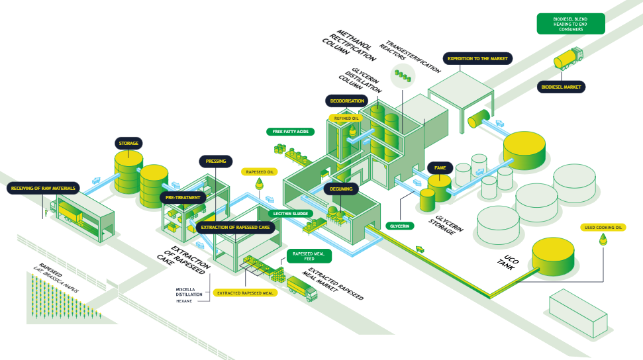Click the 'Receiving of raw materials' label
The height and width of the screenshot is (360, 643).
click(x=43, y=188)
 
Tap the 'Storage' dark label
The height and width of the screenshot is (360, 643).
click(x=128, y=144)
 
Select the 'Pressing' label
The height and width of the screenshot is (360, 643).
click(x=216, y=161)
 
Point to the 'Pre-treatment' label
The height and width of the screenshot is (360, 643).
click(x=183, y=198)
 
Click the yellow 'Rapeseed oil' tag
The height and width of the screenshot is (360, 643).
click(x=259, y=172)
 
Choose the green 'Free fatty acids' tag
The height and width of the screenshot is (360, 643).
click(x=290, y=132)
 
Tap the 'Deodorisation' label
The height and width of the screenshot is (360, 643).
click(x=347, y=101)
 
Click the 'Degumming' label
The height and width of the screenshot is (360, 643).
click(x=341, y=189)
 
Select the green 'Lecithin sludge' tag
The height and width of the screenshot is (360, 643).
click(x=291, y=214)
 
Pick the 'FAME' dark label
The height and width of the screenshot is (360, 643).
click(x=440, y=167)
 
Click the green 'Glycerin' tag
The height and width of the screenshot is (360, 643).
click(x=400, y=226)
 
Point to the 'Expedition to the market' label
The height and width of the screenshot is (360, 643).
click(x=477, y=59)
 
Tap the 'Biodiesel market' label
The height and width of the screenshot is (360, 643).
click(x=561, y=87)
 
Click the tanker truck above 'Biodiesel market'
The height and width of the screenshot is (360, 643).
click(x=568, y=58)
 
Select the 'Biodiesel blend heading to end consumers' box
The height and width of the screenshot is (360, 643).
click(x=570, y=24)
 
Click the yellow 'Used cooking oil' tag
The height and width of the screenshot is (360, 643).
click(x=603, y=228)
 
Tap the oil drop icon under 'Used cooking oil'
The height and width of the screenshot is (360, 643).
click(x=603, y=239)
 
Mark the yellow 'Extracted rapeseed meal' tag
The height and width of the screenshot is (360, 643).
click(x=245, y=293)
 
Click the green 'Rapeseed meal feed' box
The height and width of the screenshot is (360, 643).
click(x=309, y=256)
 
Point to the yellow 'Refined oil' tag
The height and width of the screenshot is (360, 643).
click(x=346, y=118)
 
